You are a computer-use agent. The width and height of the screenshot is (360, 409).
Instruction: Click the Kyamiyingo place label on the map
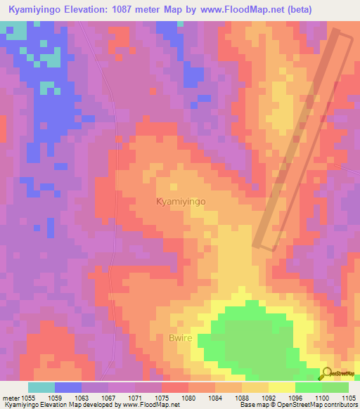click(180, 201)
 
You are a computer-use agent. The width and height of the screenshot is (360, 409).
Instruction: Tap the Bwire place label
click(179, 338)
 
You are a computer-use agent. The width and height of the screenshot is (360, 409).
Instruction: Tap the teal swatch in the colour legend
click(41, 387)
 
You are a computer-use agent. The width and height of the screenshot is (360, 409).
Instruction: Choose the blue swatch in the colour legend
click(68, 387)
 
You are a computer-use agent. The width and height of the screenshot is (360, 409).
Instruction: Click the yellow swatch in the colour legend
click(282, 387)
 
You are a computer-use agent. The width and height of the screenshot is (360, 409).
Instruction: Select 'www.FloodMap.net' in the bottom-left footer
click(150, 404)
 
